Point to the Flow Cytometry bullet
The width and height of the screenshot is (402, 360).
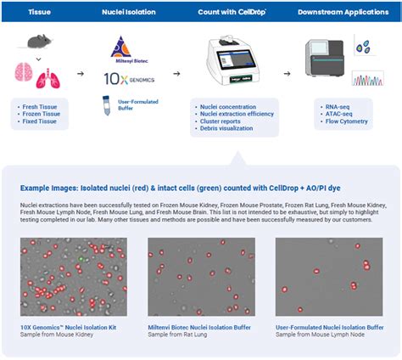click(x=343, y=122)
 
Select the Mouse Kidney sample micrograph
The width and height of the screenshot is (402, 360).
click(x=73, y=277)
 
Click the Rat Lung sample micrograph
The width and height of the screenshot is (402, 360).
click(x=200, y=277)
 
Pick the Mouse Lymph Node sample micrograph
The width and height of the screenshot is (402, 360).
click(x=328, y=277)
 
